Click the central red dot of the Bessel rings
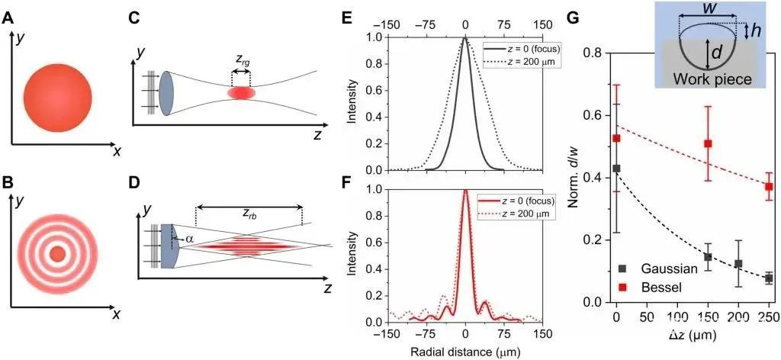(57, 252)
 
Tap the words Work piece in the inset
(709, 79)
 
